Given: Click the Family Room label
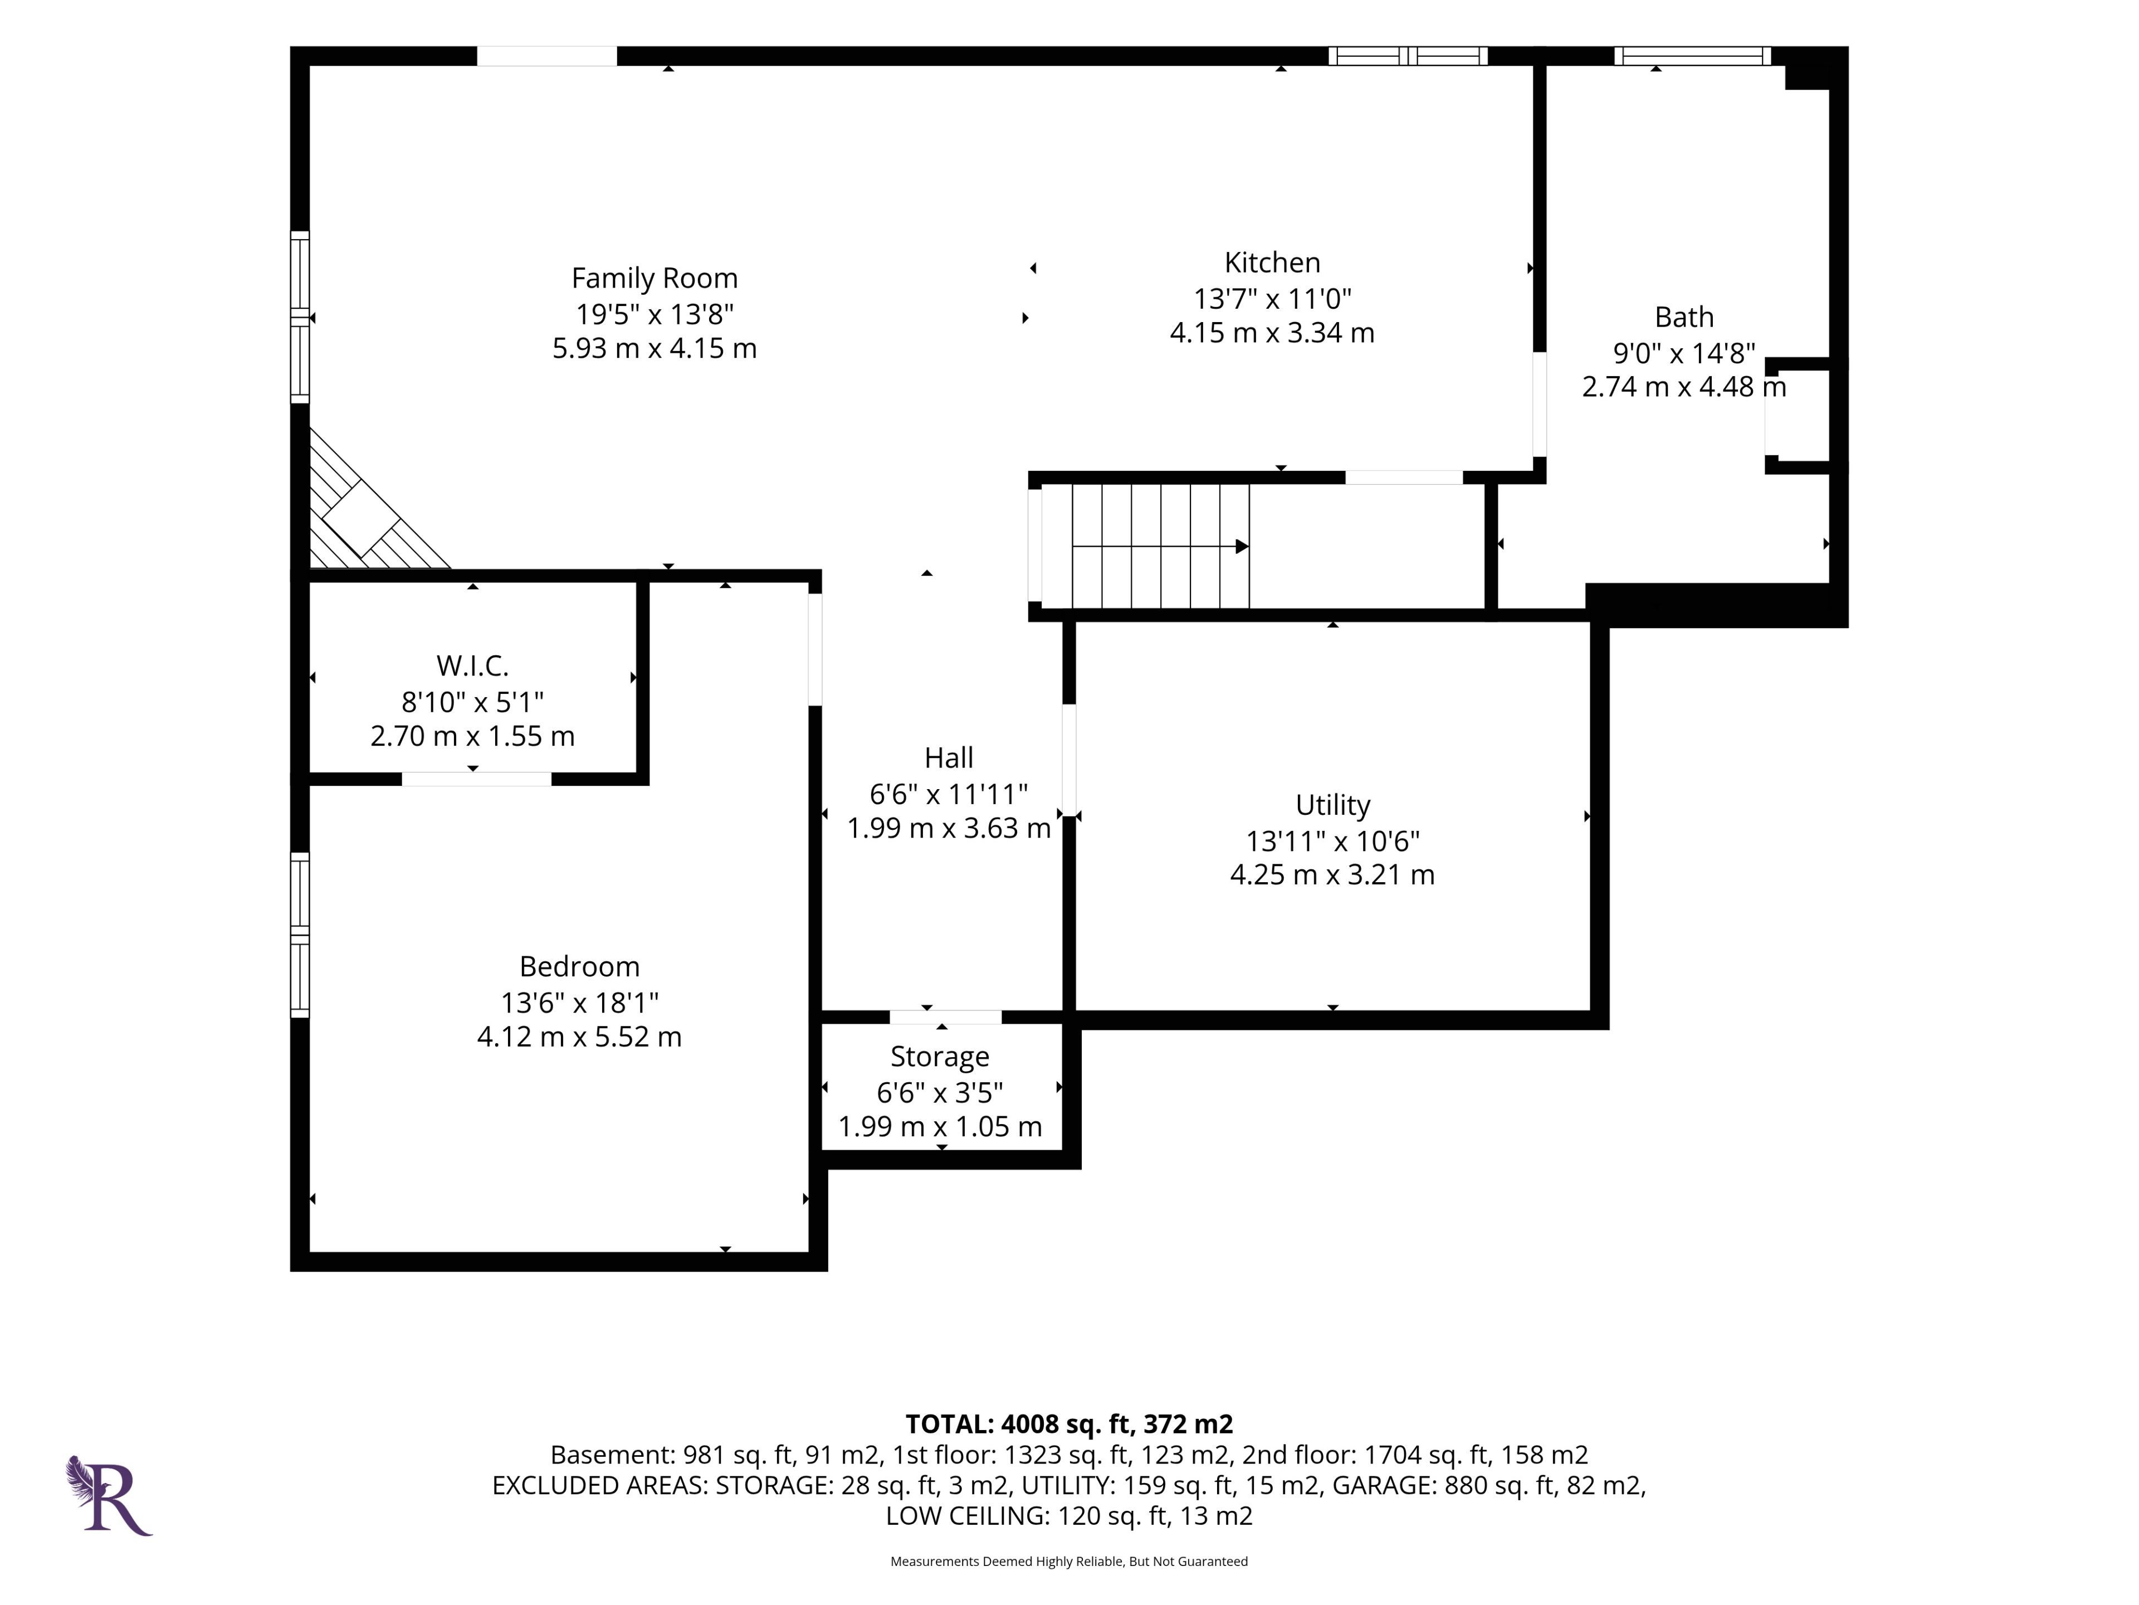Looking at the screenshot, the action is click(655, 279).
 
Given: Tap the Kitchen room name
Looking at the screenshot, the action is click(1273, 263).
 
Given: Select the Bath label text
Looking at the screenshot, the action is click(1684, 317).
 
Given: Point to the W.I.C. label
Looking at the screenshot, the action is click(473, 665).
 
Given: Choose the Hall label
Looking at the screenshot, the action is click(949, 757).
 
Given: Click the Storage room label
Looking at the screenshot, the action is click(940, 1057).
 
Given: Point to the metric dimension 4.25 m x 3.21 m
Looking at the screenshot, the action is click(1332, 874).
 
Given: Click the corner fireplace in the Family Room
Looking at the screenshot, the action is click(361, 518).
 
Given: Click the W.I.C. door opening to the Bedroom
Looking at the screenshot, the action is click(477, 779).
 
